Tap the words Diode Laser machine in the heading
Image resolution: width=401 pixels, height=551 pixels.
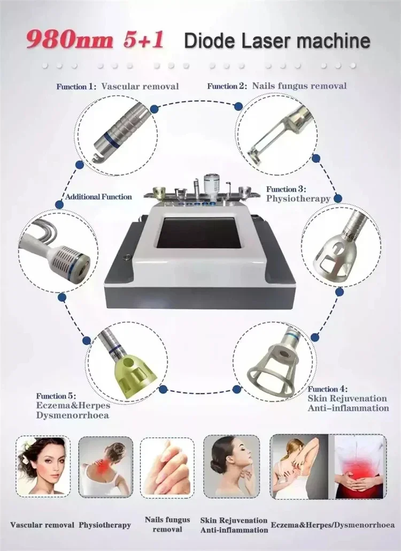click(276, 41)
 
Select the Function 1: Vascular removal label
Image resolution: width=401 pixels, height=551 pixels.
click(118, 86)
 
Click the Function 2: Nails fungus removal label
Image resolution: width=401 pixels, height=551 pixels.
click(276, 86)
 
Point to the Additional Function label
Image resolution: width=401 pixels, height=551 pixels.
click(98, 197)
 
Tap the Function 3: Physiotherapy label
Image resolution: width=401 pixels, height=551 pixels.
click(298, 193)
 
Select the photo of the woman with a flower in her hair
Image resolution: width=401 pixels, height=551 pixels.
click(43, 464)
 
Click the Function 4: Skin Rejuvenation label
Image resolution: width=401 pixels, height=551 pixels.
click(348, 398)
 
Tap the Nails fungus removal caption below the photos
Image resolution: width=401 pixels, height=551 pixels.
click(167, 524)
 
